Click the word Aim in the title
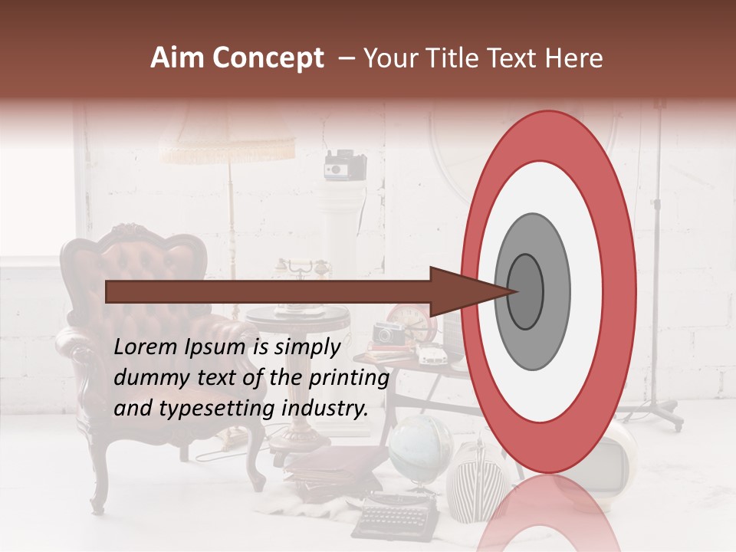(x=176, y=58)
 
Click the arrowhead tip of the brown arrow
(x=515, y=291)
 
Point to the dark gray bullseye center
(x=526, y=291)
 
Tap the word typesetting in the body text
(x=209, y=409)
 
